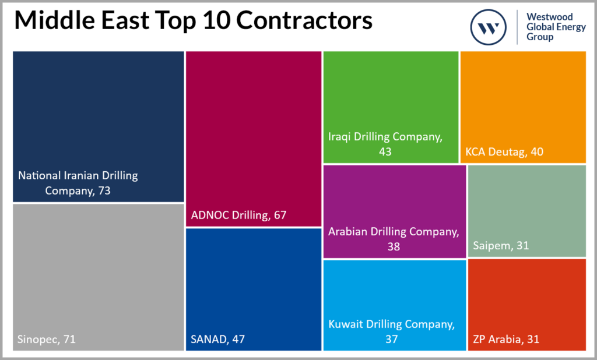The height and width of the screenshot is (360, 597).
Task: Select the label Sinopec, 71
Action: [x=47, y=339]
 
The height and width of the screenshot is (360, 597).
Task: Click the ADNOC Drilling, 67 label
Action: [x=238, y=216]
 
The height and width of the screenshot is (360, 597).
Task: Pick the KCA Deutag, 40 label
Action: [x=504, y=151]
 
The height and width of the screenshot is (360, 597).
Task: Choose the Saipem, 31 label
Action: [x=501, y=246]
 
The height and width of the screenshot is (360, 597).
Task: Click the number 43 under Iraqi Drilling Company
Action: [x=384, y=151]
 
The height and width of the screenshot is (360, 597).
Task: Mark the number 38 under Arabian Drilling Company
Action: [x=393, y=246]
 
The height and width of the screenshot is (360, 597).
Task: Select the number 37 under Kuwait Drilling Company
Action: [x=391, y=339]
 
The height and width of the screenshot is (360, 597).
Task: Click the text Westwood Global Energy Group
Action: [x=556, y=27]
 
